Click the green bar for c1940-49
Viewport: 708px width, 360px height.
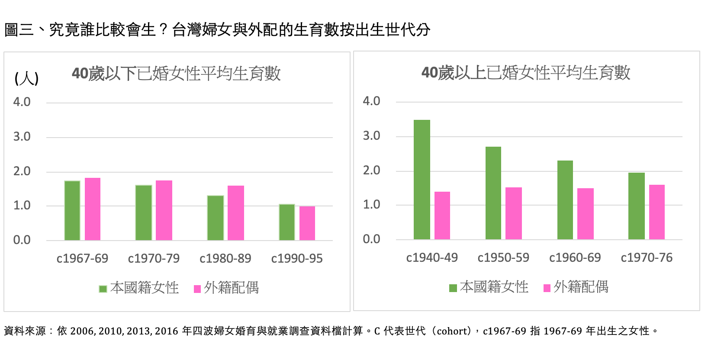[x=422, y=180]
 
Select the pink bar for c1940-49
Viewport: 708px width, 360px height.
[x=442, y=215]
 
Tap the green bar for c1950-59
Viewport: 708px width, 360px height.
[x=493, y=193]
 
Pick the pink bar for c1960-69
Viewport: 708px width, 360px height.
[x=586, y=214]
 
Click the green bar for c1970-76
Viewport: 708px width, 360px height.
[x=637, y=206]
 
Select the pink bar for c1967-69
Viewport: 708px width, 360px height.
[x=93, y=209]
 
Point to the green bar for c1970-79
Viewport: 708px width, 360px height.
[x=144, y=212]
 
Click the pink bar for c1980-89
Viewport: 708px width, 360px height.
[x=236, y=213]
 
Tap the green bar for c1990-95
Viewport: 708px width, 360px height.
[x=287, y=222]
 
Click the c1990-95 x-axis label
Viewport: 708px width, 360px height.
[x=297, y=259]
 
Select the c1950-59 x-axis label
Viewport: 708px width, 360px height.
[x=503, y=258]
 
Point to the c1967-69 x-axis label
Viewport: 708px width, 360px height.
[x=82, y=259]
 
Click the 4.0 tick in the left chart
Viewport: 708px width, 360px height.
[x=22, y=102]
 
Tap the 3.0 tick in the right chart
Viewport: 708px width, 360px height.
[x=371, y=136]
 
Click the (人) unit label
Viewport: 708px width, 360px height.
[x=26, y=79]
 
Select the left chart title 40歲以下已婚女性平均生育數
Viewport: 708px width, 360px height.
[x=176, y=74]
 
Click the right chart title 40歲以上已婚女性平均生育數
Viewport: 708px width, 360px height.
[x=526, y=73]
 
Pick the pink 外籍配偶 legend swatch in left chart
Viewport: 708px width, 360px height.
[x=197, y=289]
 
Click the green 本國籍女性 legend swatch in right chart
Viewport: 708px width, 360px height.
[x=453, y=288]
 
